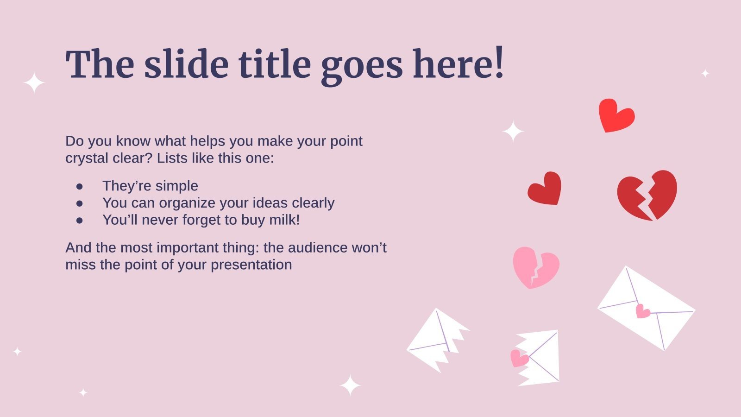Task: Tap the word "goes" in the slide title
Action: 362,67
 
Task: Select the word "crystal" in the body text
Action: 87,158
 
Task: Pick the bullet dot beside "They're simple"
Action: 79,187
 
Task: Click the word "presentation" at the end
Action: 251,265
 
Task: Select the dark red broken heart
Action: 647,195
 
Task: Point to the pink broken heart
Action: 536,267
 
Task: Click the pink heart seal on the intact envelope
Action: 642,311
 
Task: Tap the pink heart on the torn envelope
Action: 519,359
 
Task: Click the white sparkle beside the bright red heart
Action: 513,132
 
